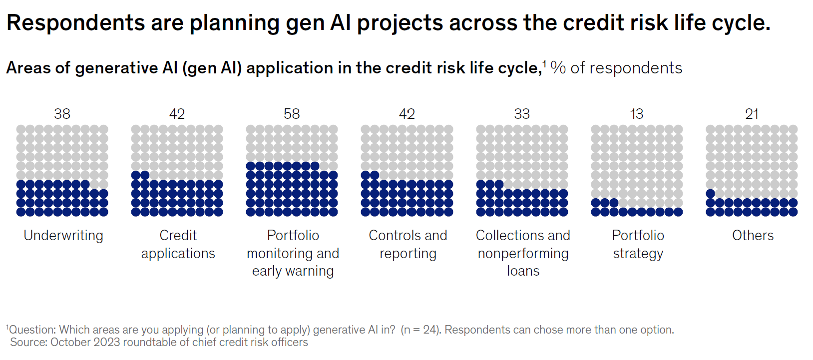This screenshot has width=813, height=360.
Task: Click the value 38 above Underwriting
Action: tap(62, 114)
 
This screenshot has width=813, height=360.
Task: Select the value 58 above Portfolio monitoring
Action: tap(292, 114)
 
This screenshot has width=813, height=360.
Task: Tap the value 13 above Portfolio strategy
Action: tap(636, 114)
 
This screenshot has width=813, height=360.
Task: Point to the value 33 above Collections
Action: tap(522, 114)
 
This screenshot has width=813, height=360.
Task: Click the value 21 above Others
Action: tap(752, 114)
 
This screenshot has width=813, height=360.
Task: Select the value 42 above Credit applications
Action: tap(177, 114)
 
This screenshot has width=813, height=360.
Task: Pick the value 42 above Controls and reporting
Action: tap(407, 114)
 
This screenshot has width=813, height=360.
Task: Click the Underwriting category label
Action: tap(63, 236)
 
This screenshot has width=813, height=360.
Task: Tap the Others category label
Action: tap(753, 235)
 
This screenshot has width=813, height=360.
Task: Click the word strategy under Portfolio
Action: tap(638, 254)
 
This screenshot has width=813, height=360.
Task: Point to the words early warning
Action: tap(293, 271)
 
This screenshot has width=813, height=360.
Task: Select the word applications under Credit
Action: tap(178, 254)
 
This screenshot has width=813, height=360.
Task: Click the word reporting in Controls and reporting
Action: tap(407, 254)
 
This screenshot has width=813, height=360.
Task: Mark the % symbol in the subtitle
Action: tap(558, 68)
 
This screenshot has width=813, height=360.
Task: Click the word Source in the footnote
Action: tap(28, 343)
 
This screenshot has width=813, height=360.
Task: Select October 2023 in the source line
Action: tap(85, 343)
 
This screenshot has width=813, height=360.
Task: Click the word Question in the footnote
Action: tap(32, 330)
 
